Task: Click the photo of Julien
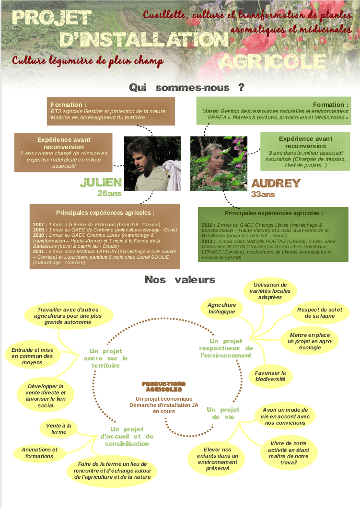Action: tap(152, 163)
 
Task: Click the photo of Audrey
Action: tap(219, 163)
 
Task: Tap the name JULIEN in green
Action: tap(101, 183)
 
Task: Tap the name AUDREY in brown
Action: tap(276, 184)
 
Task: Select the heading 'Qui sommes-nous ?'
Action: tap(186, 88)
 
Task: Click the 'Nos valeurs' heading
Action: tap(180, 280)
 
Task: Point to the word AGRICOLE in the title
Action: tap(272, 61)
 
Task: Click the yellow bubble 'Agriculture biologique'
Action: tap(222, 308)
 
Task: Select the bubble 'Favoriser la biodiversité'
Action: tap(270, 376)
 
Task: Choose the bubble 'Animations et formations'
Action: tap(40, 453)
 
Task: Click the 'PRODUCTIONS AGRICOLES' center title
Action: tap(163, 387)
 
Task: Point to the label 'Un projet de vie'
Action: tap(223, 413)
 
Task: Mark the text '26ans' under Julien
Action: tap(109, 194)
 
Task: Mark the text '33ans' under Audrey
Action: tap(263, 195)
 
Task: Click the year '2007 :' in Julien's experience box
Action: tap(40, 224)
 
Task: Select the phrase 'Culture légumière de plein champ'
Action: tap(88, 61)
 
